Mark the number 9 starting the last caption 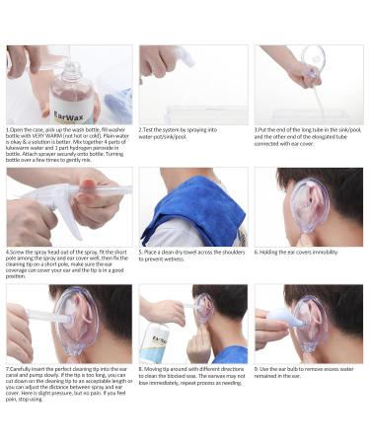click(257, 368)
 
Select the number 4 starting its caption click(8, 252)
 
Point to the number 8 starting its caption click(140, 368)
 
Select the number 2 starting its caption click(140, 129)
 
